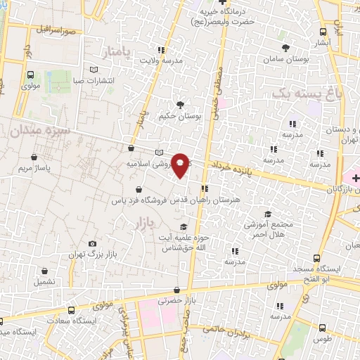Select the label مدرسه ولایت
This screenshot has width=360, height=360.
159,61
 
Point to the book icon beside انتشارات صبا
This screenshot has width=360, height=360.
94,69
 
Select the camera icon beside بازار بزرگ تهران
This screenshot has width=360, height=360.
92,244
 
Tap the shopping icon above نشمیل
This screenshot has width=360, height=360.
46,271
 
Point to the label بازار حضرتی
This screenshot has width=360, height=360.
174,301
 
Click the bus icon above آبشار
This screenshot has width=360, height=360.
323,32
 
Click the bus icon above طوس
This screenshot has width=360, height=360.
322,328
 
